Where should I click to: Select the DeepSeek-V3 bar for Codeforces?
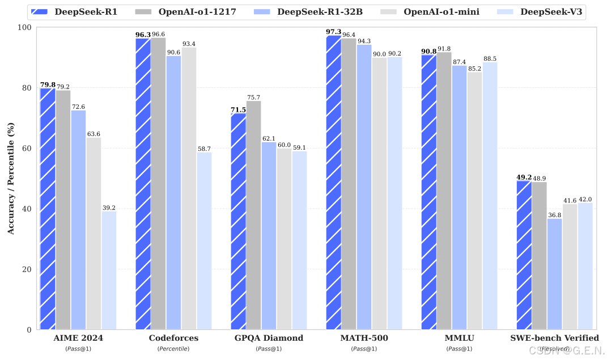coord(204,241)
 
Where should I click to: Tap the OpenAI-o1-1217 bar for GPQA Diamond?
coord(253,215)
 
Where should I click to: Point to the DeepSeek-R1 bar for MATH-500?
coord(334,182)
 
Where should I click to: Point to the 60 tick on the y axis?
coord(26,148)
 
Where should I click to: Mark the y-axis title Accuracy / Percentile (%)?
coord(10,179)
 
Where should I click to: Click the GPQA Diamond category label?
coord(269,338)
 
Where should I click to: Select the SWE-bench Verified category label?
coord(554,338)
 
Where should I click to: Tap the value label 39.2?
coord(109,208)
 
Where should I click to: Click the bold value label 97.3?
coord(334,32)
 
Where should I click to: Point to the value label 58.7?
coord(204,149)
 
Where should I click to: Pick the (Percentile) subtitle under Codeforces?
coord(173,348)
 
